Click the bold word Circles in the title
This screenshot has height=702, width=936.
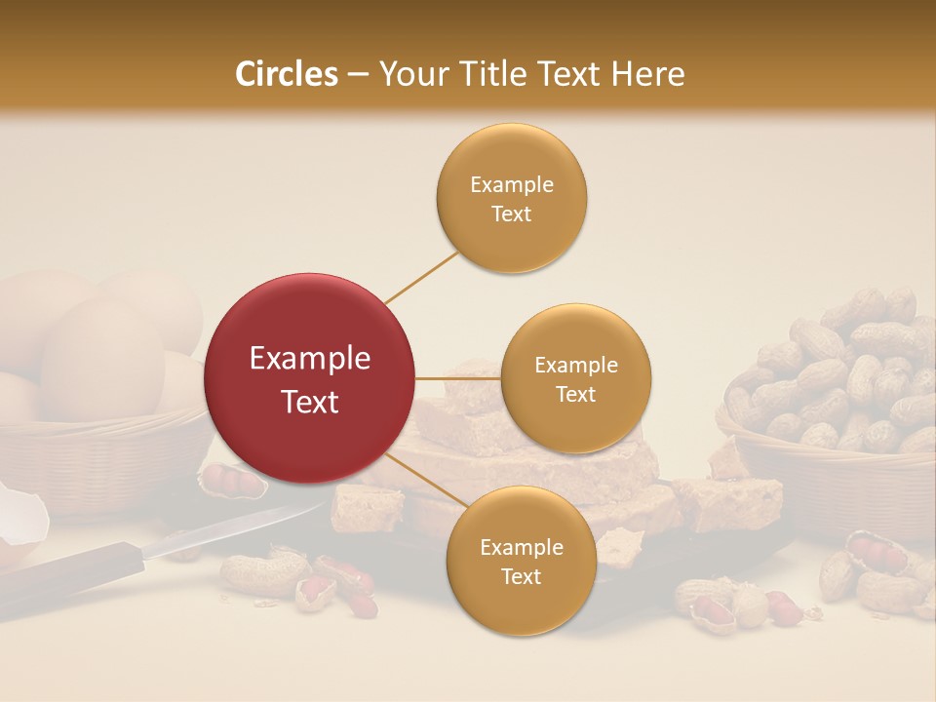[287, 74]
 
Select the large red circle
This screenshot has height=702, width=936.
[310, 378]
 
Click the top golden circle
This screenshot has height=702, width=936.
[511, 198]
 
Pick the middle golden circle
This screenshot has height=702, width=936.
[575, 378]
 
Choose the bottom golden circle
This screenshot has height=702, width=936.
[521, 561]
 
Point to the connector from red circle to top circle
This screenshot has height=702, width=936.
[421, 277]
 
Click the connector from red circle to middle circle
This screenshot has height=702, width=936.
[458, 378]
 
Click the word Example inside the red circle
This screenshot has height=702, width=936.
[310, 359]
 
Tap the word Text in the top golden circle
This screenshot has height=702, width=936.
[511, 214]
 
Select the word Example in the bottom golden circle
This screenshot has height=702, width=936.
[521, 547]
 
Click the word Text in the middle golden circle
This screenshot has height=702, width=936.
[575, 394]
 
